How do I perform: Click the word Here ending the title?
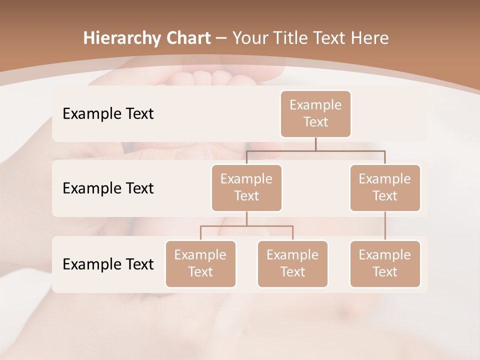[370, 38]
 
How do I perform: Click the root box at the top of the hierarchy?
[315, 114]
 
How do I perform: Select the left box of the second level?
[246, 188]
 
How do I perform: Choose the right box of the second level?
[385, 188]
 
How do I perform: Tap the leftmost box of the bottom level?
[200, 264]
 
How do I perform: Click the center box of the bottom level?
[292, 264]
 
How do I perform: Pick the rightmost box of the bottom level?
[385, 264]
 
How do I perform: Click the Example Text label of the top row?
[108, 114]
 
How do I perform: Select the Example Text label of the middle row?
[108, 188]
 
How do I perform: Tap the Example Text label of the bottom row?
[108, 264]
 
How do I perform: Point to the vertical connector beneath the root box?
[315, 144]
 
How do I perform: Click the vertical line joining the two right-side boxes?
[385, 226]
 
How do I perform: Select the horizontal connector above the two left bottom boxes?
[246, 226]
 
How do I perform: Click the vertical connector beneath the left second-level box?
[246, 218]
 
